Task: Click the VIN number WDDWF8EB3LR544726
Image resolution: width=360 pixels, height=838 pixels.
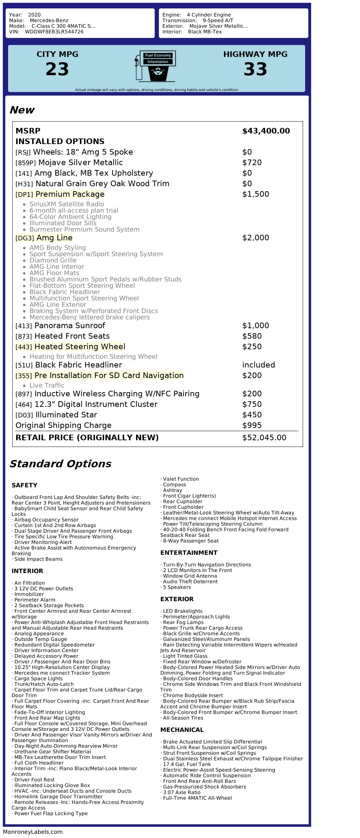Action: (x=54, y=32)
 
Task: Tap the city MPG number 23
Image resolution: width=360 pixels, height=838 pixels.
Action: (x=57, y=69)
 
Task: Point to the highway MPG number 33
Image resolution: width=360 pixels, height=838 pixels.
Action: (x=255, y=69)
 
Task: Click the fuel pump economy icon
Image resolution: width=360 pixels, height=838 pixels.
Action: (x=155, y=66)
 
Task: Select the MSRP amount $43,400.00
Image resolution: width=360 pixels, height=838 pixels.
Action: (x=266, y=131)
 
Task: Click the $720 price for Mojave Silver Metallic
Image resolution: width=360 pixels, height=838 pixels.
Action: (x=252, y=163)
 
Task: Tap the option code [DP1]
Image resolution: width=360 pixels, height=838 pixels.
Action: (x=24, y=195)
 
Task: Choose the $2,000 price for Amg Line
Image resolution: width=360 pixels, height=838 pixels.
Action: (x=256, y=238)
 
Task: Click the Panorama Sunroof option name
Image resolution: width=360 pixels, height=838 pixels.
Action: (x=70, y=326)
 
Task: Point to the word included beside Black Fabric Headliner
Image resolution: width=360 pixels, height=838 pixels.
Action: (x=258, y=365)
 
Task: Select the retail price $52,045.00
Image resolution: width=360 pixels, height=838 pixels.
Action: (x=264, y=438)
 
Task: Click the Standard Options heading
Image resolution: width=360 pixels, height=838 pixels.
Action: (x=60, y=464)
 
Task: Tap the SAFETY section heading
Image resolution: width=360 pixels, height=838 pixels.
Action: (x=24, y=485)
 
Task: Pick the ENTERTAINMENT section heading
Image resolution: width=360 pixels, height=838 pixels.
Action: (x=189, y=553)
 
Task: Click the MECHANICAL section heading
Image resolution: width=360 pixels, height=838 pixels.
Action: (x=182, y=730)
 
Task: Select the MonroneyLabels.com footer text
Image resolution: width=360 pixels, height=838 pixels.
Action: (x=33, y=832)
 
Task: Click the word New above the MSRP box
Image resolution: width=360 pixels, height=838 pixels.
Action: (x=22, y=110)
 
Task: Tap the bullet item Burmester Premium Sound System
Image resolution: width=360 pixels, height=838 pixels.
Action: (x=84, y=229)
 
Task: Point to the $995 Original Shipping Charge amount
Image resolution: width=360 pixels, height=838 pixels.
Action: (x=252, y=426)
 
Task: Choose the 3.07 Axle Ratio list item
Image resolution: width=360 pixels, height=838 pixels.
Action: (x=181, y=792)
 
